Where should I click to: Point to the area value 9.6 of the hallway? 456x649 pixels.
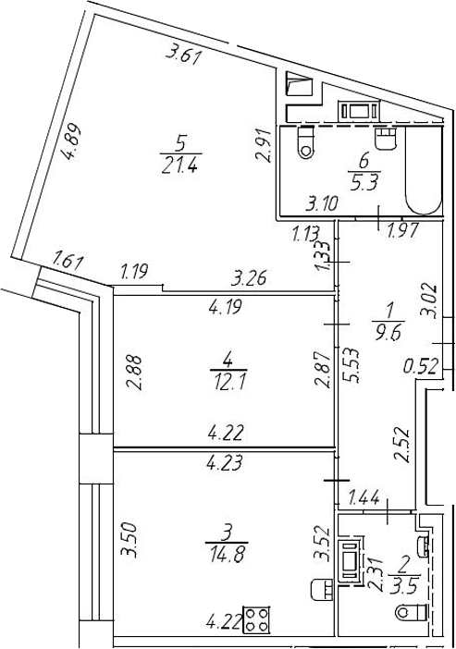coord(388,332)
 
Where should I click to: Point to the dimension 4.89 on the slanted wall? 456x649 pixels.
coord(70,141)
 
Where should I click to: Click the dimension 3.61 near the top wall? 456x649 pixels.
coord(183,55)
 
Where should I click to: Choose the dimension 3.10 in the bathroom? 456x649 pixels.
coord(323,202)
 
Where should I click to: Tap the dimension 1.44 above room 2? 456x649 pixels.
coord(364,498)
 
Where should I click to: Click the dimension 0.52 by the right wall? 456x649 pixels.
coord(421,366)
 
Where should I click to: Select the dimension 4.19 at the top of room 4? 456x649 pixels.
coord(226,308)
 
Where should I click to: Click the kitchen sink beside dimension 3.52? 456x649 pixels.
coord(322,588)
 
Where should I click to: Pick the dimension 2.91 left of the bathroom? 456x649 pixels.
coord(264,145)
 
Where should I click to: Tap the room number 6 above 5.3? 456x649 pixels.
coord(364,163)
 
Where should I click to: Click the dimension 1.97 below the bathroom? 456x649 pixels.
coord(403,230)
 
